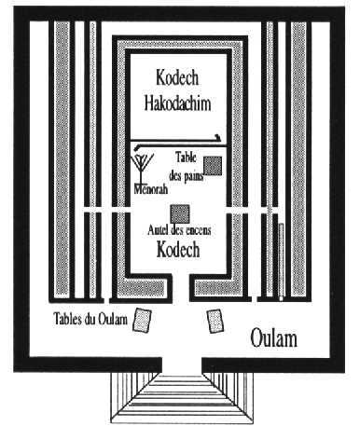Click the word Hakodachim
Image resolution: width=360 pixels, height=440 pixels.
point(177,103)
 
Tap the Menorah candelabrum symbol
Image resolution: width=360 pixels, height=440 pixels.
point(142,169)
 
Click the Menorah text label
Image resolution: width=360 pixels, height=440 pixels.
point(151,188)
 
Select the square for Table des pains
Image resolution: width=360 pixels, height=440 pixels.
point(213,166)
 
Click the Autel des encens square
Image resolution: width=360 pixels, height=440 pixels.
point(180,213)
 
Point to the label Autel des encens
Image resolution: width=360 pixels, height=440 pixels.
point(179,230)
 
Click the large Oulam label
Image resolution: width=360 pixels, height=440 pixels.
point(273,338)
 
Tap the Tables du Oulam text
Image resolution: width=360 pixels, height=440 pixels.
point(90,319)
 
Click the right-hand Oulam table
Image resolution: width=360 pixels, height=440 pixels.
point(215,321)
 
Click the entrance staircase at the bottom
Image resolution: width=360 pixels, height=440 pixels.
point(182,398)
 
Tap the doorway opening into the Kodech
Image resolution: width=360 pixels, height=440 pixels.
point(181,287)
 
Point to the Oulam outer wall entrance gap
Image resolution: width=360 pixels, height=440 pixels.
point(182,364)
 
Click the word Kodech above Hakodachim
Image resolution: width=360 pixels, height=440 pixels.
point(177,77)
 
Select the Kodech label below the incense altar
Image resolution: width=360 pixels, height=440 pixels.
point(178,249)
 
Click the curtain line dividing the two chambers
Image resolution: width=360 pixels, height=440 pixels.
point(176,141)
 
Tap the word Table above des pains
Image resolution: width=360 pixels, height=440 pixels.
point(186,158)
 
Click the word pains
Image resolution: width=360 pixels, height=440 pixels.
point(195,177)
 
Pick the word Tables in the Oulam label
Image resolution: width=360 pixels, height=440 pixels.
point(66,319)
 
